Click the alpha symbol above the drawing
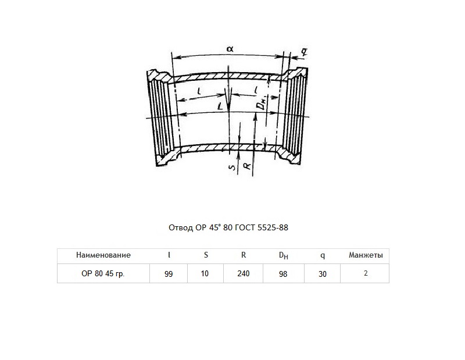(x=230, y=49)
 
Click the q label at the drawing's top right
(x=304, y=52)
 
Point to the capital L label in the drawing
(x=220, y=106)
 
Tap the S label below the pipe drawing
(x=233, y=167)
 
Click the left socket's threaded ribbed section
(x=160, y=118)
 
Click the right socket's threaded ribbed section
(x=294, y=114)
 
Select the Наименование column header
(x=103, y=255)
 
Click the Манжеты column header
(x=366, y=255)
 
